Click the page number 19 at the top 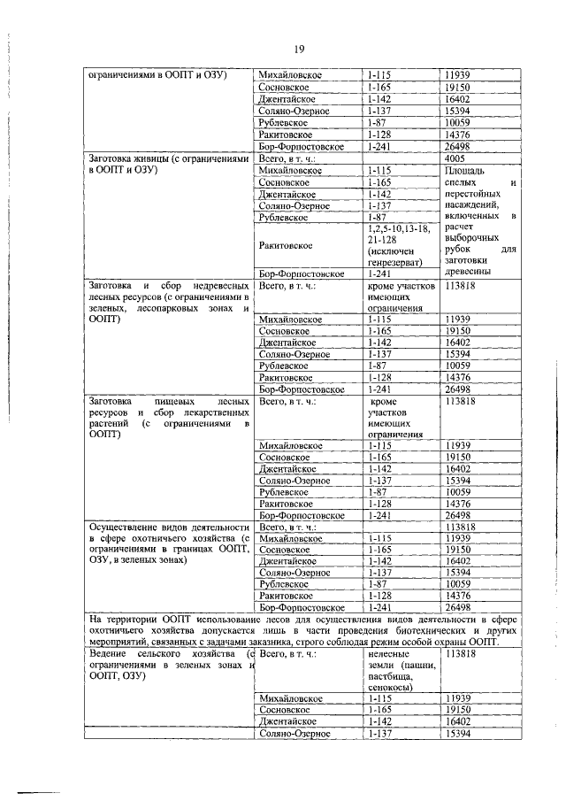coord(300,49)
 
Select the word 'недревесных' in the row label coord(203,287)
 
